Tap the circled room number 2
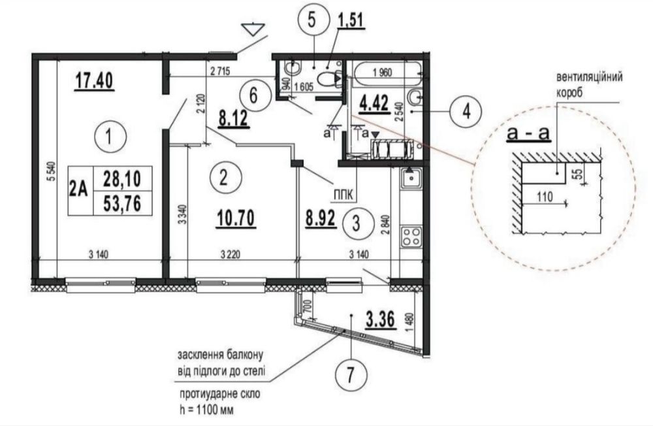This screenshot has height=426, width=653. click(x=223, y=176)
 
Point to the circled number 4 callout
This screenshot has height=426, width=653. click(x=466, y=110)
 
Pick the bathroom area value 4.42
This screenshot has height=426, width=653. click(x=374, y=102)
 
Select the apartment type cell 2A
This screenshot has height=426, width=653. click(x=80, y=190)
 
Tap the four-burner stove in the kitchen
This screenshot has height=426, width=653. click(x=410, y=235)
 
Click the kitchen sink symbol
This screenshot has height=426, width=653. click(x=410, y=177)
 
